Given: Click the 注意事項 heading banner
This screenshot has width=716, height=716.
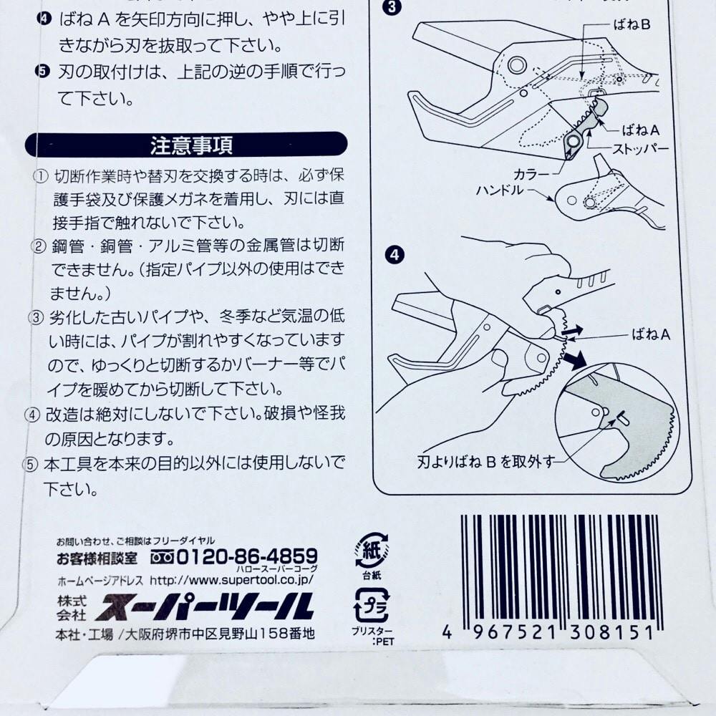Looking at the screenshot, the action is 186,145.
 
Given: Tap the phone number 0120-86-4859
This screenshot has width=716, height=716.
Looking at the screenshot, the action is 247,556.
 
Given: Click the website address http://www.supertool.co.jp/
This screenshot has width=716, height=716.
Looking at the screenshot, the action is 231,580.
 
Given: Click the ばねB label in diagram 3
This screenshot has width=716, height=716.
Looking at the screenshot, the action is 632,24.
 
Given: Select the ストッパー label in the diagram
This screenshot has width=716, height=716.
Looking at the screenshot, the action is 640,149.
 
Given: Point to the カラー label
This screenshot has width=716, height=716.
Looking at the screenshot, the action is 531,175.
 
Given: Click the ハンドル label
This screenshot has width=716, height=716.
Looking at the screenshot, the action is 500,190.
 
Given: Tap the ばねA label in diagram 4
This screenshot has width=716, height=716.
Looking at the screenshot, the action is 651,334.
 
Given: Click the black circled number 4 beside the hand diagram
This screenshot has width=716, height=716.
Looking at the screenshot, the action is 395,254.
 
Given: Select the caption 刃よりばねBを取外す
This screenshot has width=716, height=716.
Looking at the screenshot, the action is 486,462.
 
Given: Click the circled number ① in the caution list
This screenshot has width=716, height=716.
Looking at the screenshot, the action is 41,176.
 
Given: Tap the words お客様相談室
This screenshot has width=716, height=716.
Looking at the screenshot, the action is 97,558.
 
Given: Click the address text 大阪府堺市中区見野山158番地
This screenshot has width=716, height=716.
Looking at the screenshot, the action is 220,634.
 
